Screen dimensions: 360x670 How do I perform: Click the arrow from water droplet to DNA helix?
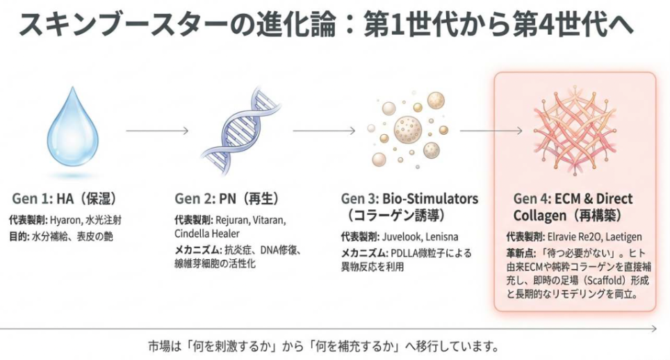pyautogui.click(x=157, y=131)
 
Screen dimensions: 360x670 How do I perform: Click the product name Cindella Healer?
pyautogui.click(x=208, y=232)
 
